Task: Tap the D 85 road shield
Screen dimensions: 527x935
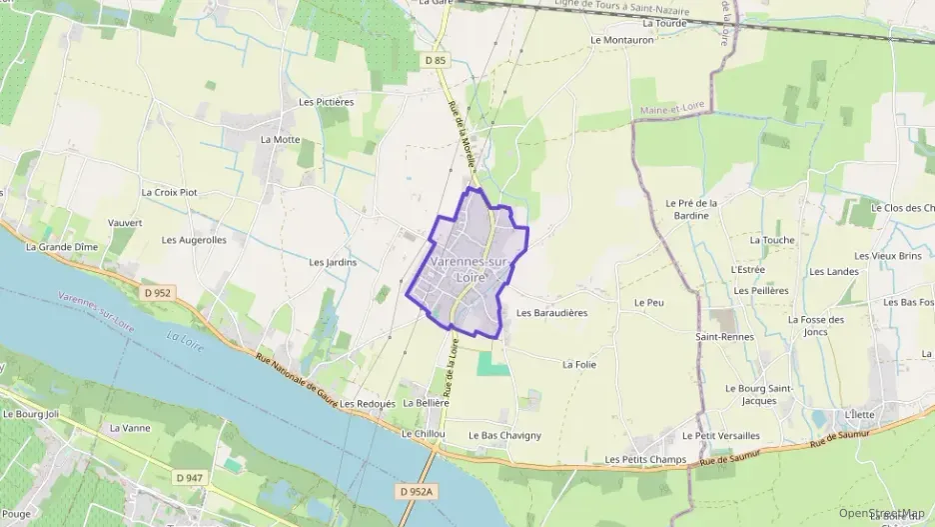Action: point(435,61)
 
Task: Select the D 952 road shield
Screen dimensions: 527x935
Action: point(157,293)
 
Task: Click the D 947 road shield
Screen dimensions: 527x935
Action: point(187,478)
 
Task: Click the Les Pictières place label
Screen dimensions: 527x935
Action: point(327,102)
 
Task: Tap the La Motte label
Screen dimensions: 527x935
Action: point(280,139)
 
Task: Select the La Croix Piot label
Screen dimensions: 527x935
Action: point(169,192)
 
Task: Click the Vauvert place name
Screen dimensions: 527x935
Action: point(125,223)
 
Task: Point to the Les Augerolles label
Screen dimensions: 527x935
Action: point(194,240)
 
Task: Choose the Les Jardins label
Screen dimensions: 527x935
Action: point(333,262)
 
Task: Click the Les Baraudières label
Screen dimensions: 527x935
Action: point(551,312)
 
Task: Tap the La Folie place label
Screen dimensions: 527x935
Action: point(579,365)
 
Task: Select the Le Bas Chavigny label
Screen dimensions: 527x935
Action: point(504,435)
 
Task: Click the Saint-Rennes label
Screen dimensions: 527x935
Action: point(724,337)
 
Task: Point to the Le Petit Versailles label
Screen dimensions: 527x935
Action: point(720,436)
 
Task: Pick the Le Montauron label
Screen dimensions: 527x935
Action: point(621,40)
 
